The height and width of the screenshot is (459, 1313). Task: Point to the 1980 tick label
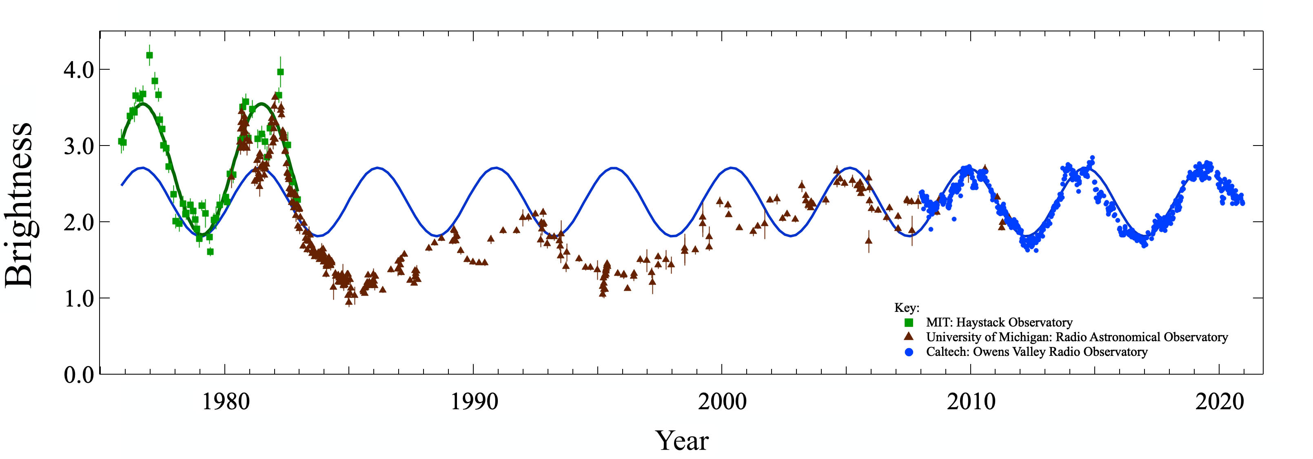(225, 402)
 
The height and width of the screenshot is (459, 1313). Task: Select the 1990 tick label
(474, 402)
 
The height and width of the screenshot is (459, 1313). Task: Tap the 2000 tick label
(722, 402)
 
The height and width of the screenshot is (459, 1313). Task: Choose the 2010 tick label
(971, 402)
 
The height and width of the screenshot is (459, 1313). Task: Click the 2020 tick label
(1219, 402)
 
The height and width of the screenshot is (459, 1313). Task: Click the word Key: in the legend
(907, 308)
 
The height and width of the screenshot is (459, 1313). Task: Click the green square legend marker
(908, 322)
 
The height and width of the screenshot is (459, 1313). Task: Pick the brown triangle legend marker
(908, 337)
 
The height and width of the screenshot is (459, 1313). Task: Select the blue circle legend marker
(908, 351)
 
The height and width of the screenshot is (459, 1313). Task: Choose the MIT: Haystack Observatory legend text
(999, 322)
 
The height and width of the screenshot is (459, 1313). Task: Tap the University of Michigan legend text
(1076, 337)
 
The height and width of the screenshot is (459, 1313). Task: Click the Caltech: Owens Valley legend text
(1037, 351)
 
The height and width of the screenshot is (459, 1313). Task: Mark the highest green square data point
(149, 55)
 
